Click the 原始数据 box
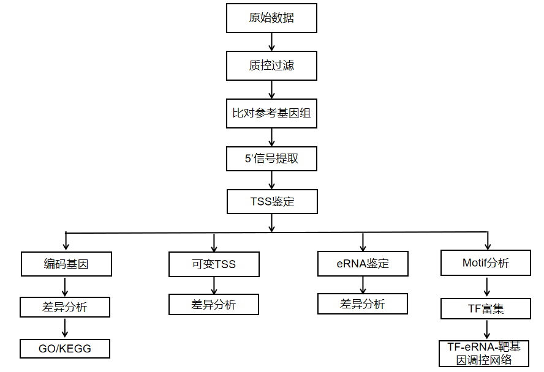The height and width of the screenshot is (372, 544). point(271,18)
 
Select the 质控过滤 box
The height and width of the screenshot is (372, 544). point(271,66)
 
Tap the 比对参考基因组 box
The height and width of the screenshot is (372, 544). point(271,113)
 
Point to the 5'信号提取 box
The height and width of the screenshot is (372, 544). point(271,158)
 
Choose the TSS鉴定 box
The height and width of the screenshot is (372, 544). point(273,201)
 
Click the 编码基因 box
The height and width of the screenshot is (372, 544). point(66,264)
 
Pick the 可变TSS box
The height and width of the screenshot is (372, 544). point(214,264)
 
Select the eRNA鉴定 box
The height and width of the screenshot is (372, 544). point(363,264)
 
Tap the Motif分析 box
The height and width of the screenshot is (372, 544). point(486,263)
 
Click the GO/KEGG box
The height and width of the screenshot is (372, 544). point(65,349)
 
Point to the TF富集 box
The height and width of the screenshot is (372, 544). point(486,308)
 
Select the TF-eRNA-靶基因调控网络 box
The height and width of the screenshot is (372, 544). point(484,353)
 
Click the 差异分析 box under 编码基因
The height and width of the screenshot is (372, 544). point(65,307)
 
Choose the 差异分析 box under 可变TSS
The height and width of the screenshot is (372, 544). point(214,305)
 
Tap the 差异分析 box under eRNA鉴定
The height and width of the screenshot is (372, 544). point(363,303)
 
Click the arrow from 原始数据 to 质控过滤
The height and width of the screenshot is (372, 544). point(271,42)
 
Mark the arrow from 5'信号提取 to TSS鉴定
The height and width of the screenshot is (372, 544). point(271,180)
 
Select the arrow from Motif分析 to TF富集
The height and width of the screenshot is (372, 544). point(487,287)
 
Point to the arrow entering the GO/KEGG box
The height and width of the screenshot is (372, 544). point(65,328)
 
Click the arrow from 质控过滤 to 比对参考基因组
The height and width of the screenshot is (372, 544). point(271,90)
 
